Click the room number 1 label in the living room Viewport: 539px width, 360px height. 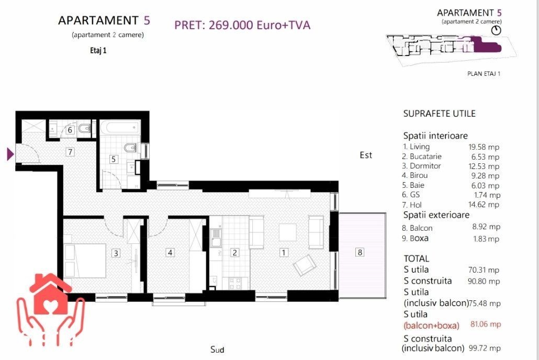coord(284,253)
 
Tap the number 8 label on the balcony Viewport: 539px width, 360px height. coord(360,252)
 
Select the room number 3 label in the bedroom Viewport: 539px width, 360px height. coord(116,253)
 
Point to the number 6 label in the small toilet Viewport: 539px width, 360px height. coord(70,130)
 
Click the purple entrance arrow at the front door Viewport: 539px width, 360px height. coord(10,154)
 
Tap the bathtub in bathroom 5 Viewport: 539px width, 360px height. coord(120,128)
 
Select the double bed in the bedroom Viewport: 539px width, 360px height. coord(85,261)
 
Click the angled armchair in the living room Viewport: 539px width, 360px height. coord(305,265)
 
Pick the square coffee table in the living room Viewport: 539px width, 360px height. coord(288,232)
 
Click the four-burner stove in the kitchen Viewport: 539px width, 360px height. coord(235,284)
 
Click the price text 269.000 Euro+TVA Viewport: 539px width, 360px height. coord(260,25)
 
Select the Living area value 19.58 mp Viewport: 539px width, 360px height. coord(484,147)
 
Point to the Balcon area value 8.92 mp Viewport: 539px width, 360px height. coord(486,227)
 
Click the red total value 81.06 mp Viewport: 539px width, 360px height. coord(486,324)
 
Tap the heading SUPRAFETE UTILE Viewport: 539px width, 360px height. coord(440,114)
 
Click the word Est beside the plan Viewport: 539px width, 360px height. coord(366,155)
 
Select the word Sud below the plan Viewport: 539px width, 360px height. coord(217,350)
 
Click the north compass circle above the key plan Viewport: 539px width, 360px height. coord(496,30)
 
